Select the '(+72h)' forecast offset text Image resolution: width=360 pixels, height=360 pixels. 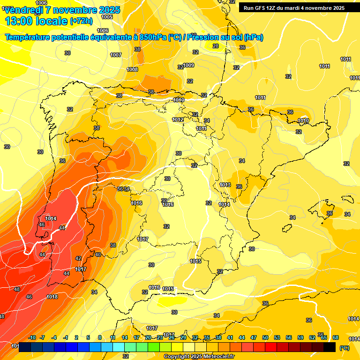coord(81,21)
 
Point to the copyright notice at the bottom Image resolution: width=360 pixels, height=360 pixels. coord(199,356)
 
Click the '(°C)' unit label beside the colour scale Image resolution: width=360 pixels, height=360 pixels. coord(344,347)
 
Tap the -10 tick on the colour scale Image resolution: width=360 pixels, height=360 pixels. coord(32,337)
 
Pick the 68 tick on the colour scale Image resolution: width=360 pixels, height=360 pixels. coord(335,337)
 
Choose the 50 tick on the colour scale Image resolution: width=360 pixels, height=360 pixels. coord(265,337)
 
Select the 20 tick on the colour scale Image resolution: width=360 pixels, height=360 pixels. coord(148,337)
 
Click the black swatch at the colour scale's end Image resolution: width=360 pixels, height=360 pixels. coord(330,347)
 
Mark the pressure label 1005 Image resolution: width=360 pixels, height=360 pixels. coord(107,17)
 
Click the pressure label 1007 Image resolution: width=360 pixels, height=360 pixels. coord(116,55)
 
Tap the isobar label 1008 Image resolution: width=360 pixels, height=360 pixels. coord(132,69)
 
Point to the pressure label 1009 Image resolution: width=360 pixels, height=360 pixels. coord(189,65)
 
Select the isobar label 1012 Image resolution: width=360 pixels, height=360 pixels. coord(177,120)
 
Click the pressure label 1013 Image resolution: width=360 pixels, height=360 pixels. coord(225,185)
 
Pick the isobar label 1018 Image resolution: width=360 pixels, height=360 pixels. coord(52,297)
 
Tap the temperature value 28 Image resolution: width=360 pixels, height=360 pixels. coord(216,46)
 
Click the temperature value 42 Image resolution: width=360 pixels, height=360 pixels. coord(78,258)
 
